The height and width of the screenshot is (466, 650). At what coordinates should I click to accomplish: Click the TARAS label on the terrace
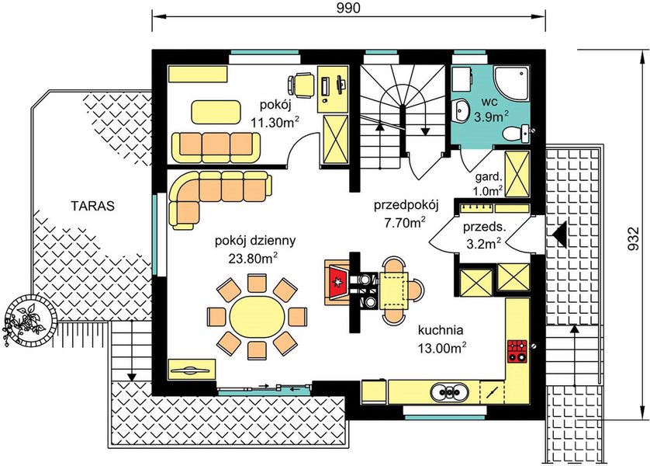[92, 206]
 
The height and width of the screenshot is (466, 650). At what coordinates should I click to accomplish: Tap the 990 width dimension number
[348, 8]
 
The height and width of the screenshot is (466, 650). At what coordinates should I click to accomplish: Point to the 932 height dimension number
[633, 239]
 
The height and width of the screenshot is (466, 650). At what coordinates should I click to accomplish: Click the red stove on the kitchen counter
[517, 350]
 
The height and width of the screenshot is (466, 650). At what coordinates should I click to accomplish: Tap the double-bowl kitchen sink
[449, 391]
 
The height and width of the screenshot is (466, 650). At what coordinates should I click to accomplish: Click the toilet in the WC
[516, 134]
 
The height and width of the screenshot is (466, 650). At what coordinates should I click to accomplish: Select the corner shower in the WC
[512, 83]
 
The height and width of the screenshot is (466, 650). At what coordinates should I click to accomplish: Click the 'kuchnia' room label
[441, 330]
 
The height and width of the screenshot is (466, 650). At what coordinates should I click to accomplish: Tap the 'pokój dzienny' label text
[255, 241]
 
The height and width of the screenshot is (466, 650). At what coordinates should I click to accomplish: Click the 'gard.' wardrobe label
[489, 177]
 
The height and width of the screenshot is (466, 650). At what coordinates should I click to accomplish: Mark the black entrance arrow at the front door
[559, 235]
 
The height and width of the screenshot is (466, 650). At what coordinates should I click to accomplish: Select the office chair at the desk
[300, 85]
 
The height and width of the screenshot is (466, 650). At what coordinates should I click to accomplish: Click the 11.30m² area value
[275, 122]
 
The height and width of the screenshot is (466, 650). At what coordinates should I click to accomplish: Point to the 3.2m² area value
[484, 243]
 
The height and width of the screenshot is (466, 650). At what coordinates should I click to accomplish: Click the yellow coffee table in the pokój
[216, 111]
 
